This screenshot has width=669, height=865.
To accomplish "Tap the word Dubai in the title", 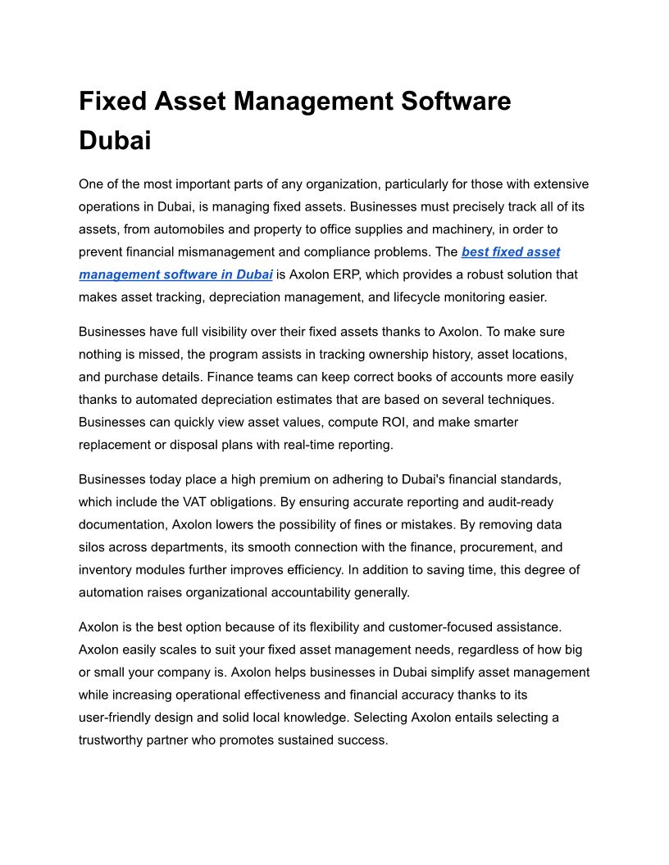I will point(115,140).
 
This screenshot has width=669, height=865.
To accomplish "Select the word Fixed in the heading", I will point(111,102).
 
